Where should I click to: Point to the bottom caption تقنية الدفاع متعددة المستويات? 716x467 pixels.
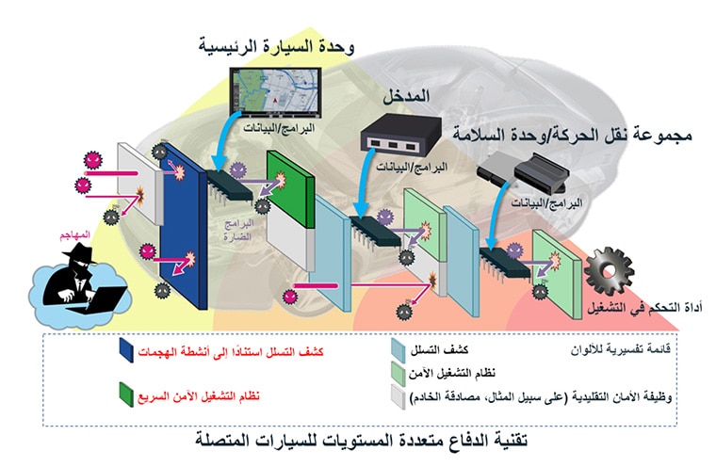(359, 441)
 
